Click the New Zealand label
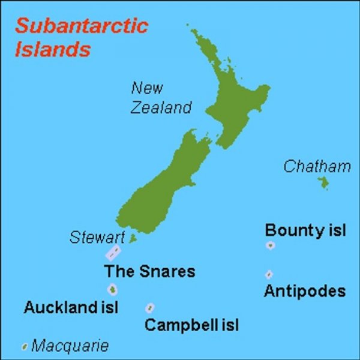click(160, 98)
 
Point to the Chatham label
click(317, 166)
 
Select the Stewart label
click(98, 237)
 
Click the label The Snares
click(149, 271)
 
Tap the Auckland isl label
click(71, 308)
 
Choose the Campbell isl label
click(191, 326)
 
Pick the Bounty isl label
click(305, 230)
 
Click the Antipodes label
click(305, 292)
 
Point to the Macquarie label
click(70, 346)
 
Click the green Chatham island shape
click(324, 182)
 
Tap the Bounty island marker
click(271, 246)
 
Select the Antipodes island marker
click(269, 274)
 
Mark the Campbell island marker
click(149, 308)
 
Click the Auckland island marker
click(111, 290)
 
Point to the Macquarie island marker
click(25, 346)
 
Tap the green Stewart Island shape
click(133, 238)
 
